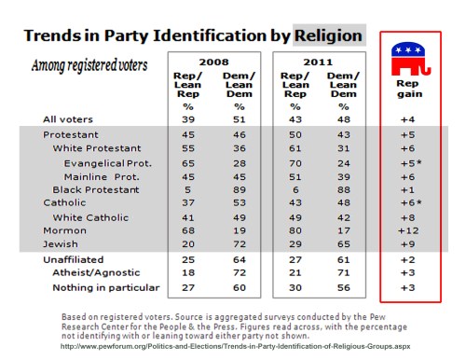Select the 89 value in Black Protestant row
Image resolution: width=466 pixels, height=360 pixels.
240,187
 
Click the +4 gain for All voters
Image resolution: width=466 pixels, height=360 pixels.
407,119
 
